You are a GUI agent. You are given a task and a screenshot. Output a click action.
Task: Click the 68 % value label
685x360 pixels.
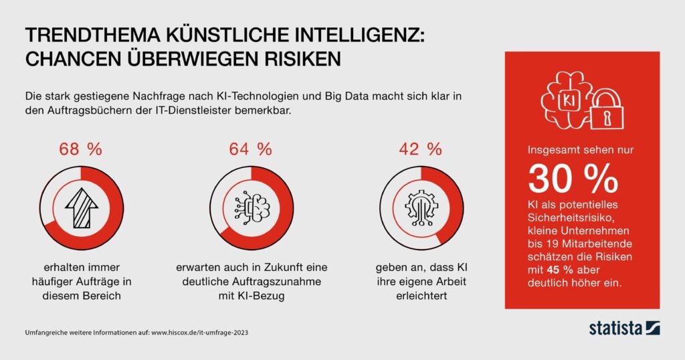point(80,149)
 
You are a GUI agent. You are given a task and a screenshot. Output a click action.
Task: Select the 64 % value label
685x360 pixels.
point(251,149)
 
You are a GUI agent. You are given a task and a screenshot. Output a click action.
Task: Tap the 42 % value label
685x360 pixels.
point(420,149)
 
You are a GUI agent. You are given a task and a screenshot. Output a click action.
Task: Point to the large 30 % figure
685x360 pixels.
point(573,178)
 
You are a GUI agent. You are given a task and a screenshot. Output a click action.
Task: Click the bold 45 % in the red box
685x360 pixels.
point(561,270)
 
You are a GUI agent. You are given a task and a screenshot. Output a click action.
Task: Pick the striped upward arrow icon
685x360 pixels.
point(80,207)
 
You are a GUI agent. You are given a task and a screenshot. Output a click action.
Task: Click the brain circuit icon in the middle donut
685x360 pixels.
point(252,209)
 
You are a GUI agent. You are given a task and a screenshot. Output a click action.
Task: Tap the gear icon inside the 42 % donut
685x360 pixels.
point(421,209)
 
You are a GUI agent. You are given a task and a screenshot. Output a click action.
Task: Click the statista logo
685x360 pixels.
point(624,328)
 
